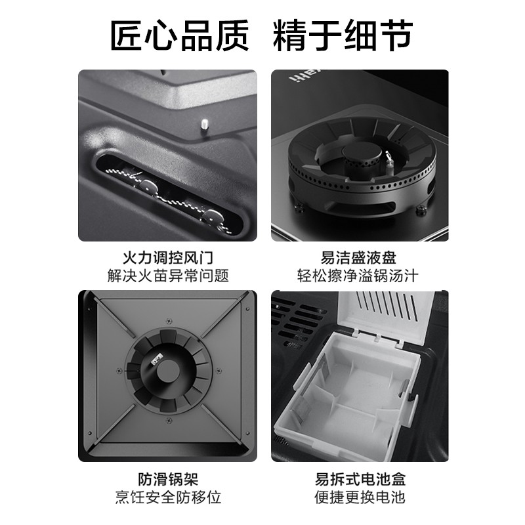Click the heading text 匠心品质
click(179, 33)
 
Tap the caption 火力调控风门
click(168, 257)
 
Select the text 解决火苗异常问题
click(168, 276)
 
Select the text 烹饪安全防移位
click(168, 496)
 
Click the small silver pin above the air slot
click(205, 123)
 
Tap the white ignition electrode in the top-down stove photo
click(158, 359)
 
